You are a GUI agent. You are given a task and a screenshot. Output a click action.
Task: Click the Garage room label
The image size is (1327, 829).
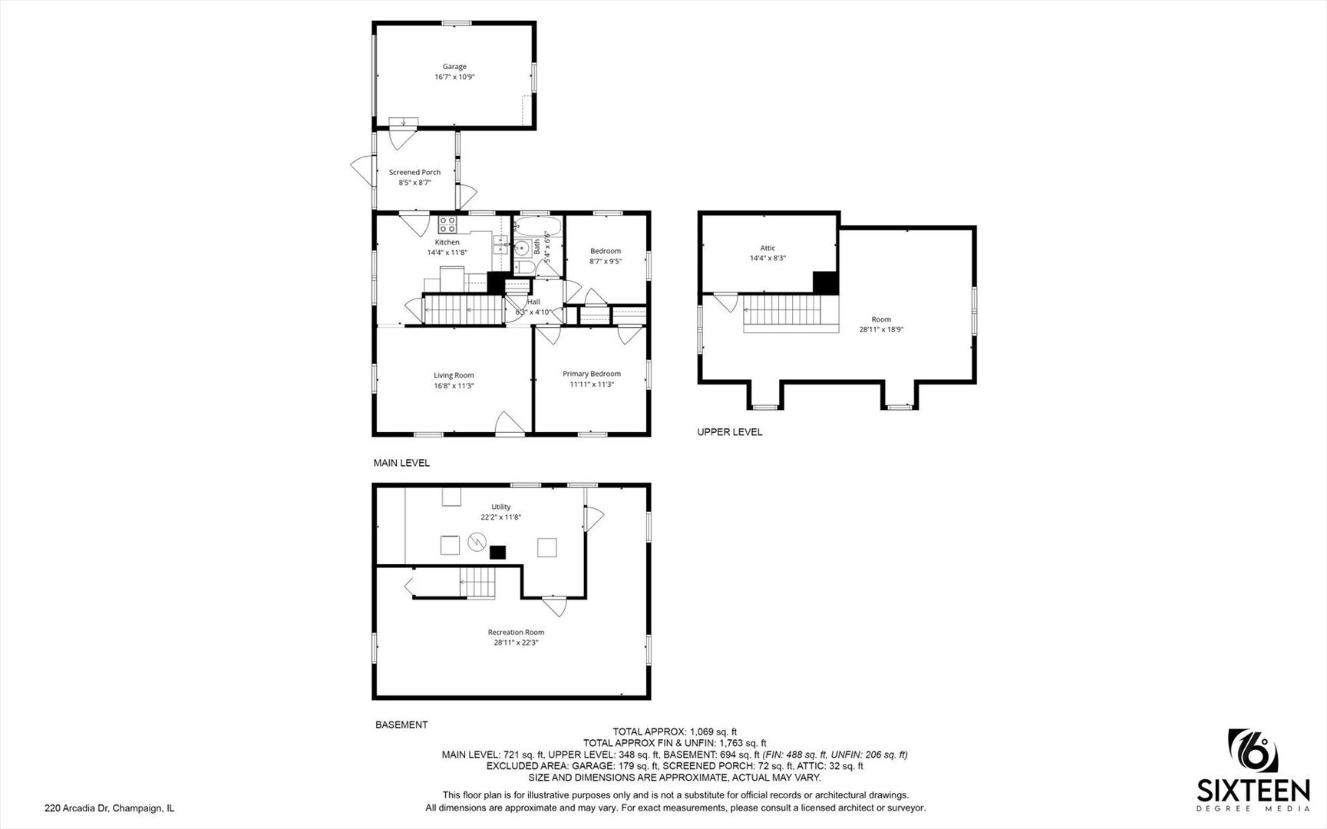pyautogui.click(x=454, y=67)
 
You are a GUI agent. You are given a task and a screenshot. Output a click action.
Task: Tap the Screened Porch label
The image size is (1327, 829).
pyautogui.click(x=414, y=173)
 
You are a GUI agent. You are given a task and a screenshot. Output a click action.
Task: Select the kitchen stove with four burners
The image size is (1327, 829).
pyautogui.click(x=447, y=224)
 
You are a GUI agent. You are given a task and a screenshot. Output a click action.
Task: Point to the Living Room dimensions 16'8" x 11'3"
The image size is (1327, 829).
pyautogui.click(x=454, y=386)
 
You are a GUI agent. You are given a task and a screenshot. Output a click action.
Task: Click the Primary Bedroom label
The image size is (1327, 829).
pyautogui.click(x=592, y=374)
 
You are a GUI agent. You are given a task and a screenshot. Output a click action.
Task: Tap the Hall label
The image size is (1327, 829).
pyautogui.click(x=533, y=302)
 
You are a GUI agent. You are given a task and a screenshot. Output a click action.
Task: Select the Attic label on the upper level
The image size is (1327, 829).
pyautogui.click(x=767, y=248)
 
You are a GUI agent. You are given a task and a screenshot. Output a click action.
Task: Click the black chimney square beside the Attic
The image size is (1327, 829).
pyautogui.click(x=825, y=282)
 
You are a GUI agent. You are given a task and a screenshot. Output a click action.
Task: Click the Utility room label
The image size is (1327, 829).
pyautogui.click(x=501, y=507)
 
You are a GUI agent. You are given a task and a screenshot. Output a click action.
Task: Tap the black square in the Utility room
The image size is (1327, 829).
pyautogui.click(x=499, y=551)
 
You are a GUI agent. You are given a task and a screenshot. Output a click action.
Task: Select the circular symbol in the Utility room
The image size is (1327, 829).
pyautogui.click(x=476, y=543)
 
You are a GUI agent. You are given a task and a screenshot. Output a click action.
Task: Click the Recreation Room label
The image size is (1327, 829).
pyautogui.click(x=516, y=632)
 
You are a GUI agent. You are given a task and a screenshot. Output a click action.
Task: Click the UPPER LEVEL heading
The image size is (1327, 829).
pyautogui.click(x=730, y=432)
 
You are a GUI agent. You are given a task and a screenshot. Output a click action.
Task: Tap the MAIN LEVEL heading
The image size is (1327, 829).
pyautogui.click(x=401, y=463)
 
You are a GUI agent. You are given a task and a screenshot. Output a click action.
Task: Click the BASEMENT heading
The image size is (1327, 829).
pyautogui.click(x=401, y=725)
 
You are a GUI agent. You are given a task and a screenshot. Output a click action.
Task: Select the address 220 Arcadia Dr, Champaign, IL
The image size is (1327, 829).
pyautogui.click(x=110, y=808)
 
